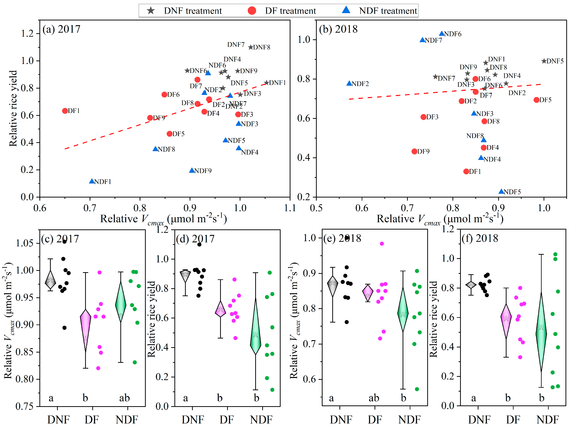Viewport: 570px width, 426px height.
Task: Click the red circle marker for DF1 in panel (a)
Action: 65,111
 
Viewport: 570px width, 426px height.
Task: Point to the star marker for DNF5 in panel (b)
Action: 544,61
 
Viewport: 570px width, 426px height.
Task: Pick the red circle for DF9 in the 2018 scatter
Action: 414,151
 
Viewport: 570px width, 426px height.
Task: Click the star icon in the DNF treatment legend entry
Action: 151,11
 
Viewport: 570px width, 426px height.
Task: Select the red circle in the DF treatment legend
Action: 252,11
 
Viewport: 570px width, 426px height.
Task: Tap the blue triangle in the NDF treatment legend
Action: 346,10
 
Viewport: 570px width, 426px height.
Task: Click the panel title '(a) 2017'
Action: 61,29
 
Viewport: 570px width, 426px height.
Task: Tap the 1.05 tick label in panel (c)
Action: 24,243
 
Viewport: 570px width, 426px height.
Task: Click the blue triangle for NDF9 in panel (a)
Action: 192,170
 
